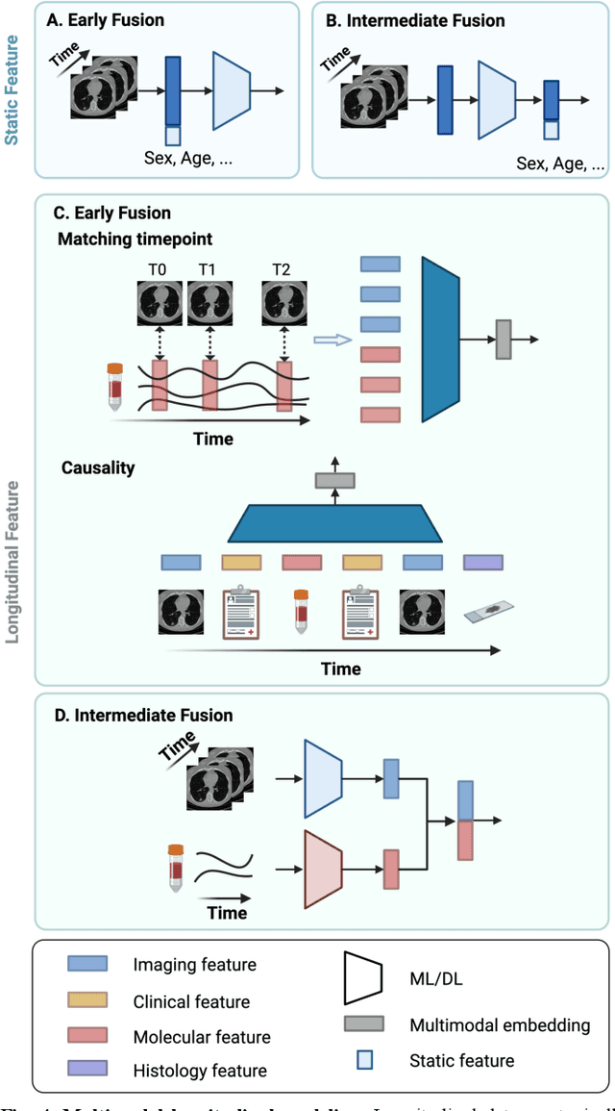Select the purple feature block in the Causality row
[x=482, y=561]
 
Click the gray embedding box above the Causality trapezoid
[x=334, y=481]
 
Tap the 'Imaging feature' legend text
[x=195, y=965]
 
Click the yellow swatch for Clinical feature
[x=86, y=1000]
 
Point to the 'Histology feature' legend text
[x=200, y=1071]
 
